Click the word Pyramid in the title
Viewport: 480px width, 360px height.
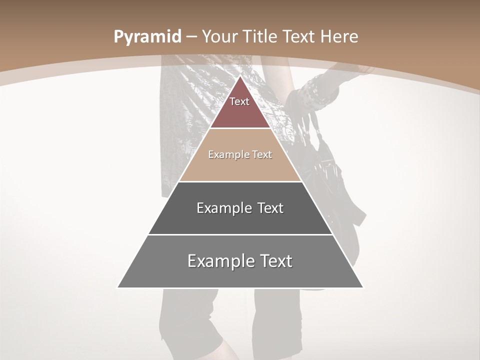click(x=147, y=37)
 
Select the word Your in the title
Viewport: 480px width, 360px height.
click(x=220, y=37)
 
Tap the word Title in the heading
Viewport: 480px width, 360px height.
click(x=260, y=37)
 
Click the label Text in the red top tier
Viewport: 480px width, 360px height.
click(x=239, y=101)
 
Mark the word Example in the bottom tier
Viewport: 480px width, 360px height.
click(x=218, y=261)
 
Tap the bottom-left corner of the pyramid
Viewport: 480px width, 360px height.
click(x=118, y=287)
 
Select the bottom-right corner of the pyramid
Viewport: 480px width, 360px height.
click(x=363, y=287)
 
